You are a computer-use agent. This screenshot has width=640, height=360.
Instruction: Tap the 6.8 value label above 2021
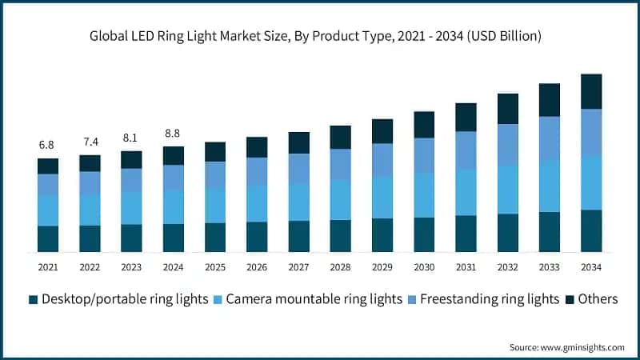pos(48,145)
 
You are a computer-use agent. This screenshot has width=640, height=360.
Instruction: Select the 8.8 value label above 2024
pos(174,134)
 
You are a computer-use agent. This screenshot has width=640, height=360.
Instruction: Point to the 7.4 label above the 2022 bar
pos(90,142)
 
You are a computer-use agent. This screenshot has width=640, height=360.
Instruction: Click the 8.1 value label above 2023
pos(131,138)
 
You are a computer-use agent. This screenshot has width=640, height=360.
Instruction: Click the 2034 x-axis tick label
pos(591,266)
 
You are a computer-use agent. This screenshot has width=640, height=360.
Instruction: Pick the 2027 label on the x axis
pos(298,266)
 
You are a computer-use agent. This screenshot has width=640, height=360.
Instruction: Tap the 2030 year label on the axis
pos(424,266)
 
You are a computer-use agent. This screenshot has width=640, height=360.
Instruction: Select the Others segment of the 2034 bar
pos(591,91)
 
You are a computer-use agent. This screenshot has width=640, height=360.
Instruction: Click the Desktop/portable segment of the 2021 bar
pos(48,238)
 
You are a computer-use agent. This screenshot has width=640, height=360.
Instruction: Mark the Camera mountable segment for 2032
pos(508,190)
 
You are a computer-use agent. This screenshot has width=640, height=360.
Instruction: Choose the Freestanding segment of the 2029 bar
pos(382,160)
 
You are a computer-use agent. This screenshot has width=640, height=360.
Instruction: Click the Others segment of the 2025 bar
pos(215,152)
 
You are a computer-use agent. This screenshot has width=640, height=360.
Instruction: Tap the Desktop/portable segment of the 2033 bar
pos(550,232)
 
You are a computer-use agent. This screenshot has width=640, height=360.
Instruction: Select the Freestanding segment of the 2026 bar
pos(257,171)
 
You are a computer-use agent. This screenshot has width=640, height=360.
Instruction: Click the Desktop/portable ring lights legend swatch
pos(33,299)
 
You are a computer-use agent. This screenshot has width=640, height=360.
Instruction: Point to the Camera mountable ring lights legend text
pos(314,299)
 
